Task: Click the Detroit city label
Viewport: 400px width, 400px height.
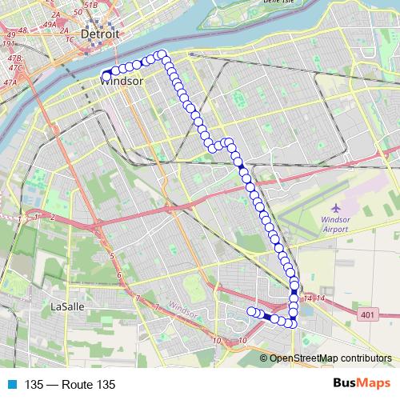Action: (100, 35)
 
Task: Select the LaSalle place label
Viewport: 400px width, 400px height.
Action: (67, 306)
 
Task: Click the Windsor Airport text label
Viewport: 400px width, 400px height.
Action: (336, 222)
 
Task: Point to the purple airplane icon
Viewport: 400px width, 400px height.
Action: (336, 207)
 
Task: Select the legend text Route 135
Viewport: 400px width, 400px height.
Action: (70, 385)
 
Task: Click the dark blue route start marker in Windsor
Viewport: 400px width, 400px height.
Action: (106, 76)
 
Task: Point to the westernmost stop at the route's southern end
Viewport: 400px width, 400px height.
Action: (251, 310)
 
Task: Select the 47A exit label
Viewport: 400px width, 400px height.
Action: (10, 82)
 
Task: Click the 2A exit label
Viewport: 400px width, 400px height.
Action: (54, 15)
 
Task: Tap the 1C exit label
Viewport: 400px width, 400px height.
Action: (70, 38)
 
